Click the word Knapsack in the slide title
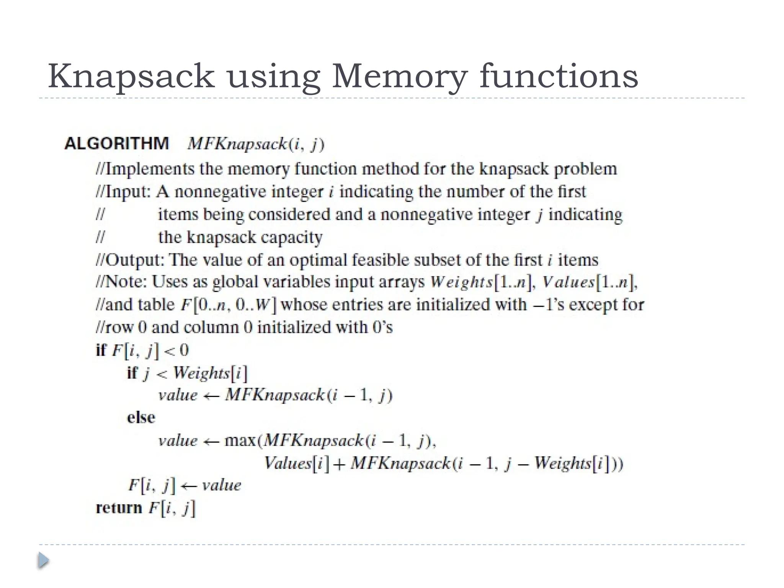click(x=131, y=77)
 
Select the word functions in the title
click(x=559, y=77)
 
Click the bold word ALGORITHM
click(x=117, y=144)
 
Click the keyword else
click(x=141, y=417)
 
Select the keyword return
click(x=119, y=508)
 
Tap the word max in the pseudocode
click(x=240, y=441)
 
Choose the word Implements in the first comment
click(x=150, y=169)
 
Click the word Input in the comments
click(x=127, y=192)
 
